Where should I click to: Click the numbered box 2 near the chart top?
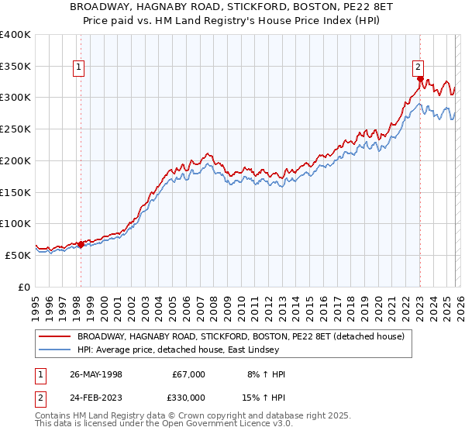coord(418,67)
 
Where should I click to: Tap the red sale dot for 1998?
coord(81,244)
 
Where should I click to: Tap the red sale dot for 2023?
coord(419,78)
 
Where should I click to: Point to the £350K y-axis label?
coord(15,66)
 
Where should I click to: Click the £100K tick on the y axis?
coord(15,223)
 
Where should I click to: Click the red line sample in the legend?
coord(54,337)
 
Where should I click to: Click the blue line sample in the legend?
coord(54,350)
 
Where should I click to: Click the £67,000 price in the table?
coord(188,374)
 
